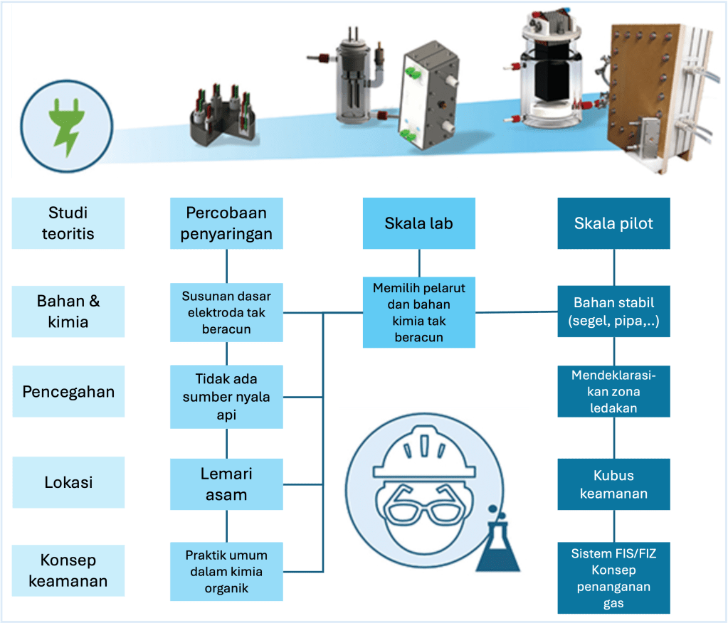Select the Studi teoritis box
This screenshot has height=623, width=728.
tap(68, 223)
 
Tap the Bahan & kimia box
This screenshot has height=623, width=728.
tap(68, 311)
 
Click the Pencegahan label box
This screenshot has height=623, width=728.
tap(68, 392)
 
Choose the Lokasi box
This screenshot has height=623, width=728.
tap(68, 482)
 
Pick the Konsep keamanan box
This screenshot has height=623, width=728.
tap(68, 571)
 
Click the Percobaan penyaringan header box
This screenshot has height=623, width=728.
tap(226, 223)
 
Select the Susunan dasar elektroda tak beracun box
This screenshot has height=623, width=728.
tap(226, 312)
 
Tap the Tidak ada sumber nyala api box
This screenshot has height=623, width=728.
tap(226, 397)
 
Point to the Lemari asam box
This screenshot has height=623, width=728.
tap(226, 484)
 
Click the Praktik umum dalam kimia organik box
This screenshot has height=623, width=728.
tap(226, 572)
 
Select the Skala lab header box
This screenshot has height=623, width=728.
tap(418, 223)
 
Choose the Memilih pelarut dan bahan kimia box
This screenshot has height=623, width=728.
tap(418, 313)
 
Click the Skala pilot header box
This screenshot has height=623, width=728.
tap(613, 223)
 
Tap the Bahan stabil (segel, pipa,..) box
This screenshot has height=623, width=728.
tap(613, 311)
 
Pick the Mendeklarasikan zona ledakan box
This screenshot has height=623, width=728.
tap(613, 391)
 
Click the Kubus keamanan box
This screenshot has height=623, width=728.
tap(613, 484)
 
